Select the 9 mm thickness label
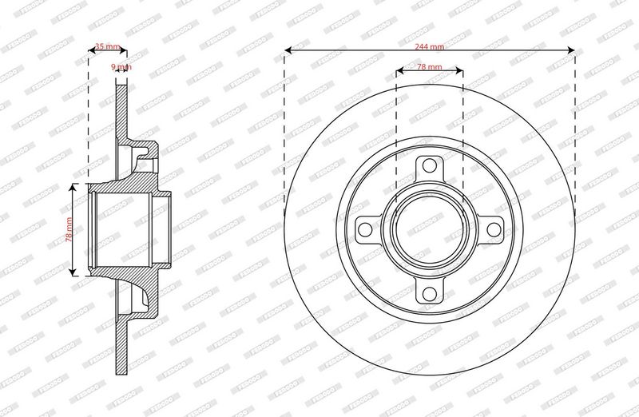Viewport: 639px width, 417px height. coord(120,67)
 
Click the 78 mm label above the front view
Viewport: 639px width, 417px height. coord(431,68)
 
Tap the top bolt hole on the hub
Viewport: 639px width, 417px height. coord(430,166)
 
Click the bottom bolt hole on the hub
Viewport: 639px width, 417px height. coord(430,291)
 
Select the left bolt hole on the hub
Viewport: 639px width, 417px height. coord(367,228)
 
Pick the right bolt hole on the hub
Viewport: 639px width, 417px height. coord(492,228)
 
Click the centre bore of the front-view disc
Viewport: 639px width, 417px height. coord(430,228)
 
